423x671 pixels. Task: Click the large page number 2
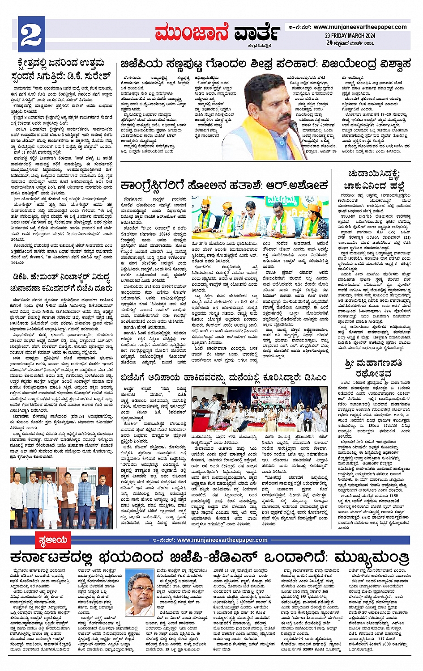coord(30,34)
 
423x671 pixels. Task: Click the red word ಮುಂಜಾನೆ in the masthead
coord(192,32)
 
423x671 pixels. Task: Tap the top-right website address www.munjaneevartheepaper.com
coord(360,27)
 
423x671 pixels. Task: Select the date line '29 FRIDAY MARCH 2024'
coord(350,36)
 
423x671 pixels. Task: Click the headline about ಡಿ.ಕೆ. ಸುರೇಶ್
coord(60,69)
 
